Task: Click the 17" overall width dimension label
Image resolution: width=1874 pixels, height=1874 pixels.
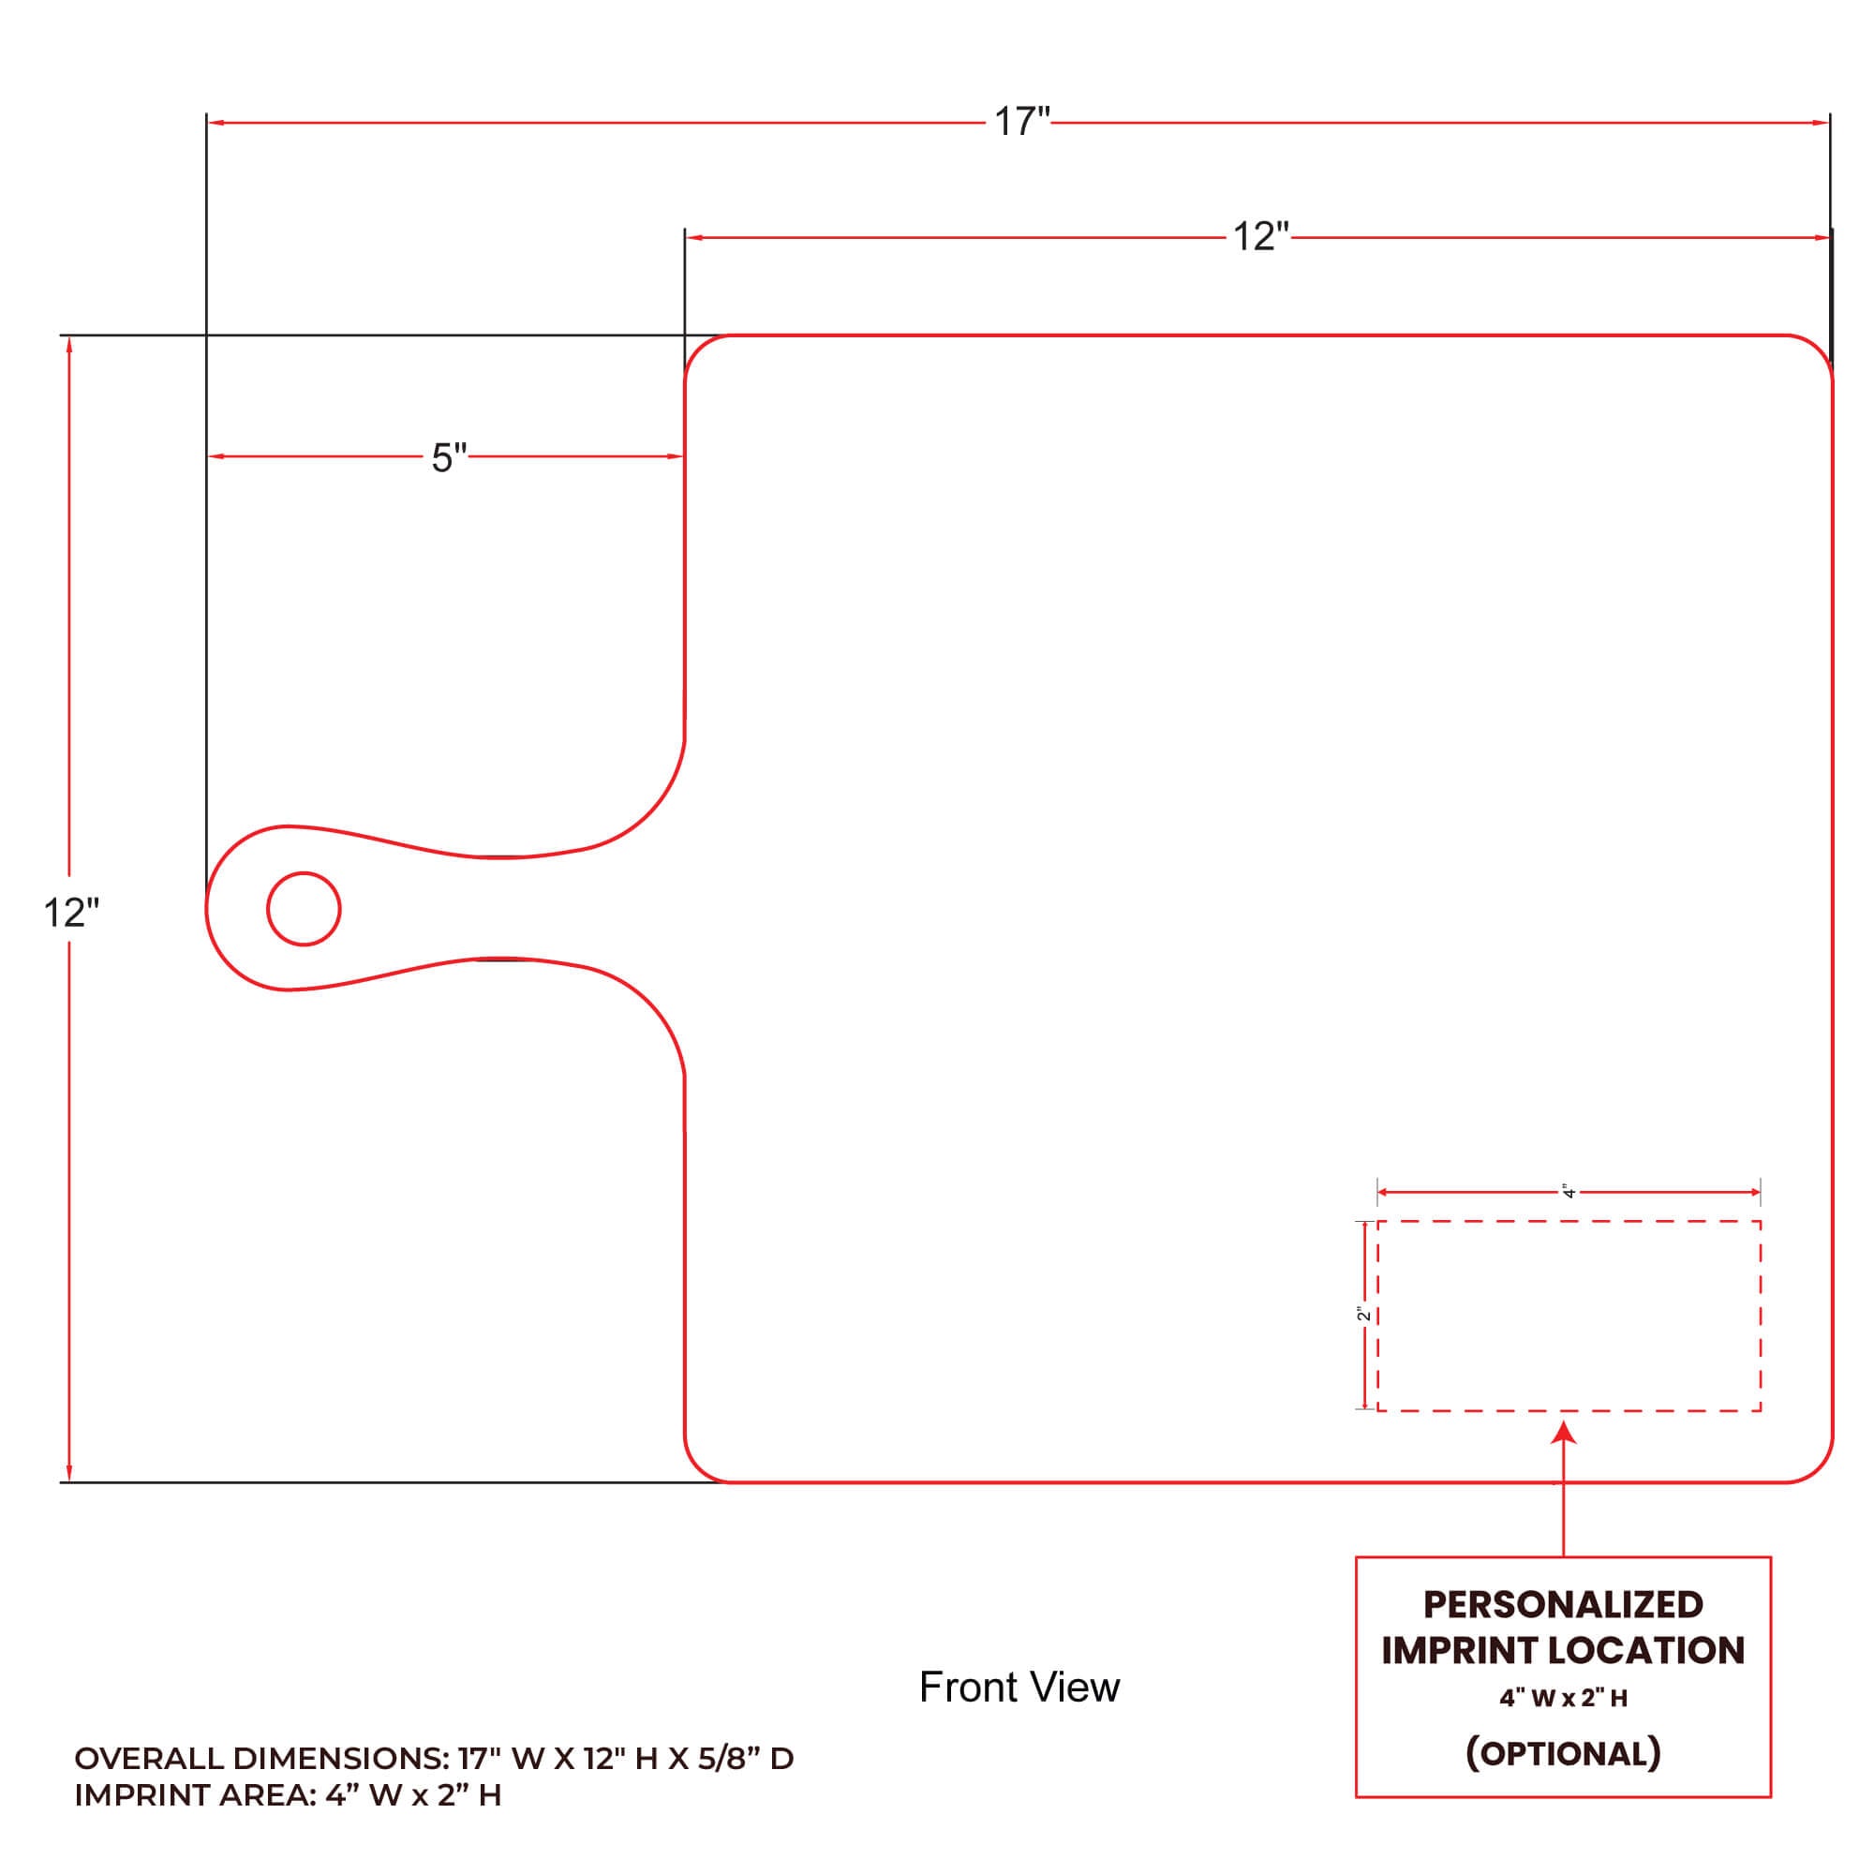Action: pyautogui.click(x=1022, y=122)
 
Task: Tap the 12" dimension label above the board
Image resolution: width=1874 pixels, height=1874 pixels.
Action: pyautogui.click(x=1261, y=237)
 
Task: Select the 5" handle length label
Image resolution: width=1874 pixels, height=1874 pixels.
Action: pyautogui.click(x=449, y=458)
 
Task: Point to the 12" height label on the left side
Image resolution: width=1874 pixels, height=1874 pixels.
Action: pyautogui.click(x=72, y=913)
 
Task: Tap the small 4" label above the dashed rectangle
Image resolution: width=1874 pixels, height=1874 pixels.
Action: pyautogui.click(x=1569, y=1191)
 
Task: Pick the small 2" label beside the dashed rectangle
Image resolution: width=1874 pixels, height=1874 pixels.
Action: pyautogui.click(x=1363, y=1314)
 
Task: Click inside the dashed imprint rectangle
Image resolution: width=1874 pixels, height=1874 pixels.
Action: pyautogui.click(x=1569, y=1316)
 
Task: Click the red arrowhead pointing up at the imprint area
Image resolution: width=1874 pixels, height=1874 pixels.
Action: pyautogui.click(x=1564, y=1433)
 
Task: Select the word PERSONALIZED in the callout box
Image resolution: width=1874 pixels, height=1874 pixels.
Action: pyautogui.click(x=1563, y=1604)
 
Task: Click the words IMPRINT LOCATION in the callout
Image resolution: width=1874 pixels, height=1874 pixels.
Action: pyautogui.click(x=1563, y=1650)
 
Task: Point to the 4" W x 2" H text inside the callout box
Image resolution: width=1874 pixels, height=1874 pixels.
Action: pyautogui.click(x=1563, y=1698)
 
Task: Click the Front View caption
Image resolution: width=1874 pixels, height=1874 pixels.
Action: pyautogui.click(x=1019, y=1688)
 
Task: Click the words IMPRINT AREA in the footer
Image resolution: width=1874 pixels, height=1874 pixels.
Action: pyautogui.click(x=195, y=1795)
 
